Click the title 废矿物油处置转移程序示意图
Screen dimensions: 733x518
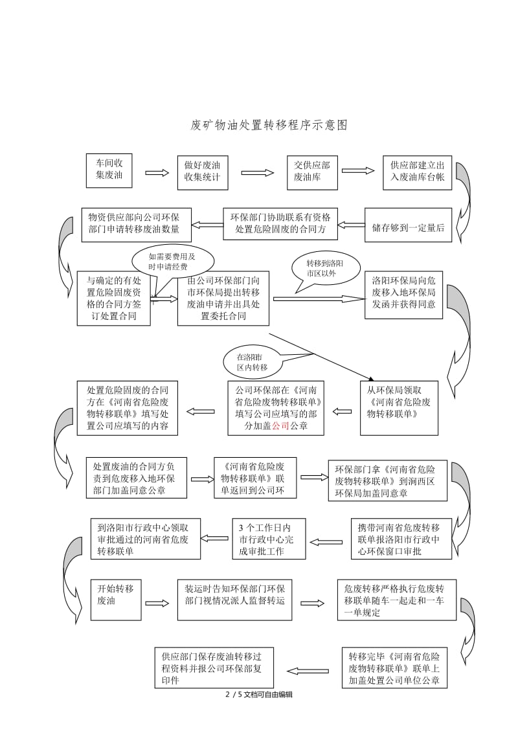click(269, 125)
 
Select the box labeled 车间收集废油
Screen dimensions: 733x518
click(109, 170)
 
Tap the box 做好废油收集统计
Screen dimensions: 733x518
click(203, 172)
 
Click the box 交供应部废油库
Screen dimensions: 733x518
click(312, 172)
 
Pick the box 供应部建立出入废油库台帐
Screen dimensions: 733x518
click(417, 172)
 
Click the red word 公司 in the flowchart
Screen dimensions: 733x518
click(280, 426)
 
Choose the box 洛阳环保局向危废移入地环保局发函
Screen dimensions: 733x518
click(403, 295)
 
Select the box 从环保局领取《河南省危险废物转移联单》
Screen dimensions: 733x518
click(399, 407)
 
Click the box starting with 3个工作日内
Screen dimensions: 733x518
click(269, 538)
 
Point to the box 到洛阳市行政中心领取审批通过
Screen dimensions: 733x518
click(145, 539)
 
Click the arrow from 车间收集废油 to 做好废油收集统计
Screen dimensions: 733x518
click(156, 173)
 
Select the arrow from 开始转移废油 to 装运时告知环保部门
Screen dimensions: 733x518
click(156, 603)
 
